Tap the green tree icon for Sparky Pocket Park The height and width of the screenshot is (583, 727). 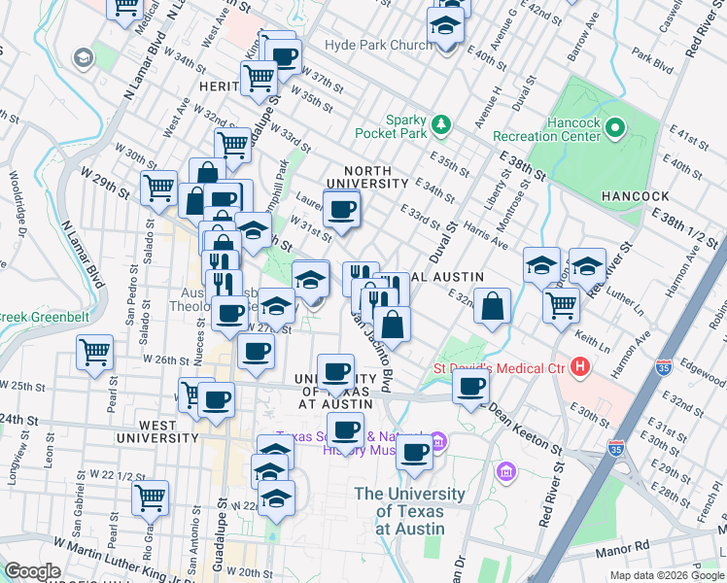coord(442,123)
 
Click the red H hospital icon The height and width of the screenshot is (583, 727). coord(581,367)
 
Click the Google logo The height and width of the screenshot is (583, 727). coord(33,571)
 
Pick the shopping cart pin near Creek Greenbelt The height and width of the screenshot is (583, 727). coord(94,350)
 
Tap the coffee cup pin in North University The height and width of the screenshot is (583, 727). coord(342,209)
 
